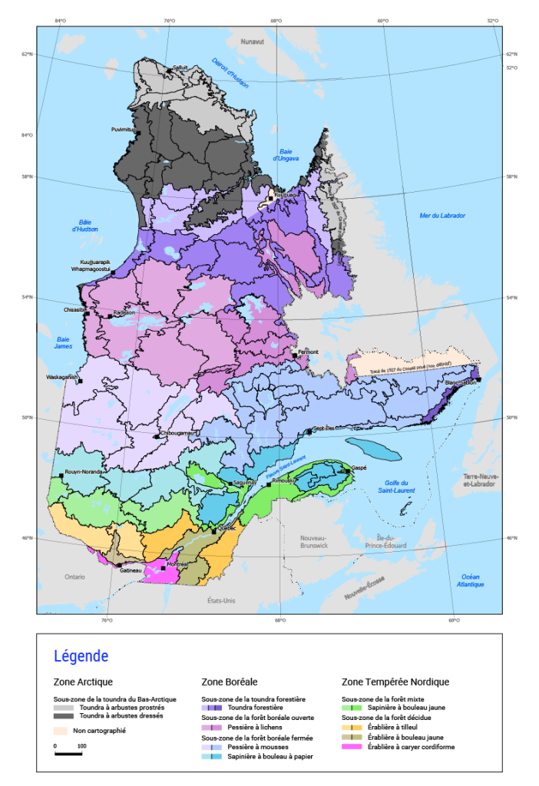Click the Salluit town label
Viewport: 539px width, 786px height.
pyautogui.click(x=180, y=68)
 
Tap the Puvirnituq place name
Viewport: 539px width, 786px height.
pyautogui.click(x=124, y=129)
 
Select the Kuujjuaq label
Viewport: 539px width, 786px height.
pyautogui.click(x=285, y=195)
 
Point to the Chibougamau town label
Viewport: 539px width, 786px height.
pyautogui.click(x=179, y=433)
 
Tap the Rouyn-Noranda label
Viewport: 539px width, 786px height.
pyautogui.click(x=82, y=472)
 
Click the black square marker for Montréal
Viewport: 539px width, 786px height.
pyautogui.click(x=164, y=568)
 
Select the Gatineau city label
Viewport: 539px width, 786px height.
pyautogui.click(x=131, y=569)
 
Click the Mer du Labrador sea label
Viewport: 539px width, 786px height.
pyautogui.click(x=442, y=216)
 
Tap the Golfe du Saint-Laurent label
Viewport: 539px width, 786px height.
pyautogui.click(x=396, y=486)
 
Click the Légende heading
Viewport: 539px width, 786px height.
pyautogui.click(x=81, y=656)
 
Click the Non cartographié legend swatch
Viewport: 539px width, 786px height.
pyautogui.click(x=61, y=731)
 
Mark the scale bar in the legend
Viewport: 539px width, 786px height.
pyautogui.click(x=68, y=753)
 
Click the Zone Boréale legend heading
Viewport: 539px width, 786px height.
pyautogui.click(x=229, y=682)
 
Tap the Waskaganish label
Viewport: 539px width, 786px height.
pyautogui.click(x=62, y=378)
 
